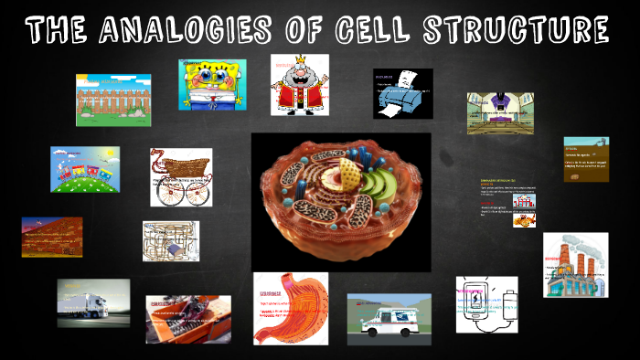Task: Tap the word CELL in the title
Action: point(373,30)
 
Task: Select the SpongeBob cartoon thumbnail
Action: point(212,84)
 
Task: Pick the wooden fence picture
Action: point(113,100)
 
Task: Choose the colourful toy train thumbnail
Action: point(84,169)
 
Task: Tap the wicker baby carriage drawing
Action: point(181,176)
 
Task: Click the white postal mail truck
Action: point(389,316)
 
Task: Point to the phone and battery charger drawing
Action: point(486,303)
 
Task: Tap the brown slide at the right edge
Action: point(586,159)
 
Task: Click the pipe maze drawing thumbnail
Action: point(171,241)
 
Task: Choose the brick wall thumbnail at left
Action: point(52,237)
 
